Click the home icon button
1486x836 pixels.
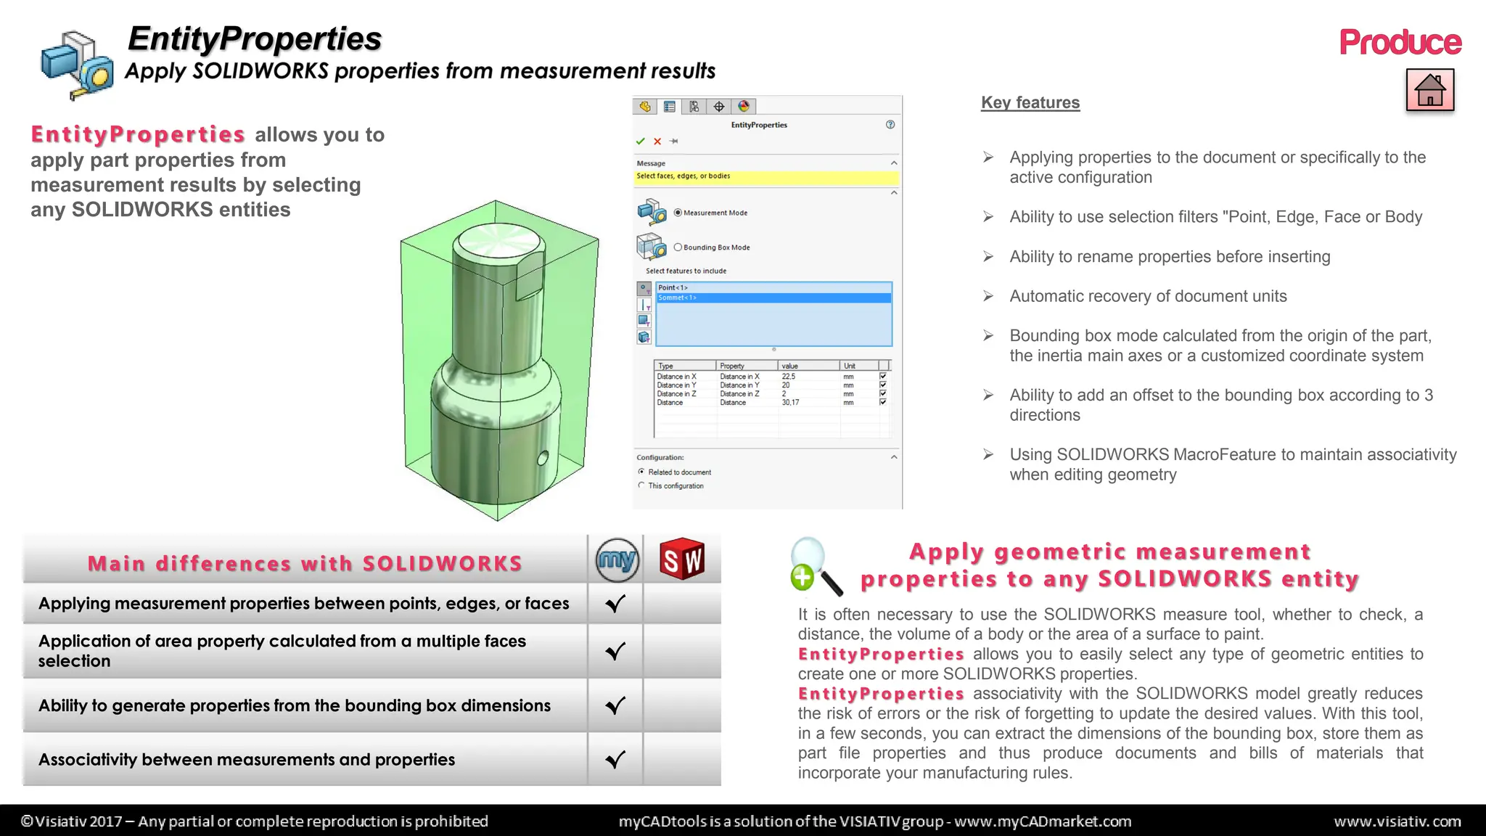click(x=1429, y=90)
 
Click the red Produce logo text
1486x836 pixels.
click(x=1400, y=43)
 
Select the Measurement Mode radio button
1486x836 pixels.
click(x=678, y=213)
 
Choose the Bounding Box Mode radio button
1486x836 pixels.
click(x=678, y=247)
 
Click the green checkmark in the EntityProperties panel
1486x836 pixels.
click(x=640, y=142)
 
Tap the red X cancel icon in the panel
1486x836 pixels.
click(x=657, y=142)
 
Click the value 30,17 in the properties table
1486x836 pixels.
click(x=790, y=403)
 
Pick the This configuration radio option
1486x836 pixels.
click(x=641, y=485)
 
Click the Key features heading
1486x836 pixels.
click(x=1030, y=103)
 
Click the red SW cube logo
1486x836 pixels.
click(x=682, y=559)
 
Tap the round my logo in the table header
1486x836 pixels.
click(x=617, y=560)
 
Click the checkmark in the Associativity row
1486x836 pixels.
click(x=615, y=760)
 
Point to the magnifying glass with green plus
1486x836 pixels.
click(x=814, y=567)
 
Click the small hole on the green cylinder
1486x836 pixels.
click(x=542, y=458)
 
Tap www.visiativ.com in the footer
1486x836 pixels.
click(x=1397, y=821)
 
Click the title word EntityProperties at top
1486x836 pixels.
click(x=255, y=38)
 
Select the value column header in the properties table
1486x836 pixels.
click(x=789, y=366)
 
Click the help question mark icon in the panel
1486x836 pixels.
click(x=890, y=125)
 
